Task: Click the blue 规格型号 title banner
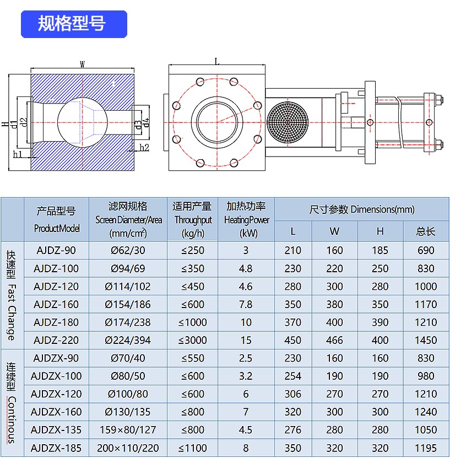point(73,24)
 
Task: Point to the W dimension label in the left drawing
point(82,64)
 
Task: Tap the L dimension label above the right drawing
point(216,61)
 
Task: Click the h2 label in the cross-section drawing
point(144,147)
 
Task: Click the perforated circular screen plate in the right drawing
point(285,121)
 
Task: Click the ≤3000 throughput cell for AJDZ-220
point(192,340)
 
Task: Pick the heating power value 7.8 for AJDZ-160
point(246,304)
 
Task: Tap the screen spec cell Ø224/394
point(128,340)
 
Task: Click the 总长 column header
point(426,231)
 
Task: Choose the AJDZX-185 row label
point(56,448)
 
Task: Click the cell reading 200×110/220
point(128,448)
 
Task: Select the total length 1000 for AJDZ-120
point(426,287)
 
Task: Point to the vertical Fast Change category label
point(11,295)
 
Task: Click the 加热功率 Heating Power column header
point(246,219)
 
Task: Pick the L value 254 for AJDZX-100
point(292,376)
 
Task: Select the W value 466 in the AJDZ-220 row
point(334,340)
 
